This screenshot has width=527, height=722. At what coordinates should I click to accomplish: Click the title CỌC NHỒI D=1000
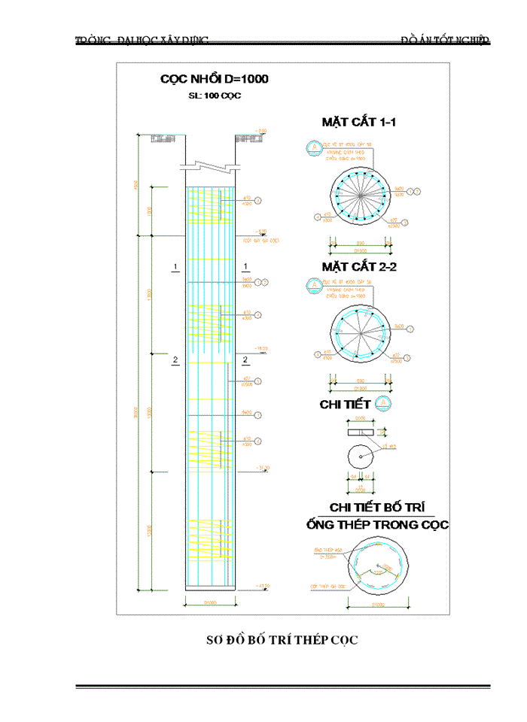click(215, 79)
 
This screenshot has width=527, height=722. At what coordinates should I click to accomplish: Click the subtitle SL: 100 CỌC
click(215, 96)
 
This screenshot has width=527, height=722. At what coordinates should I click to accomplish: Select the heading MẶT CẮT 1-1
click(359, 121)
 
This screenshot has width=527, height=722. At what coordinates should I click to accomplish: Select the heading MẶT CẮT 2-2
click(359, 266)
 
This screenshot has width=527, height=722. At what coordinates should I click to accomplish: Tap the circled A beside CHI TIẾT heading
click(382, 404)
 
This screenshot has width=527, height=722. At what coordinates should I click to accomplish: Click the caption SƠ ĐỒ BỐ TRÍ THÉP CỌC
click(282, 640)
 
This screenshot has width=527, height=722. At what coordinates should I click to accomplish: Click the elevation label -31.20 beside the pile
click(263, 469)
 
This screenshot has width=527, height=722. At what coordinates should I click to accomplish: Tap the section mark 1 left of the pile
click(175, 267)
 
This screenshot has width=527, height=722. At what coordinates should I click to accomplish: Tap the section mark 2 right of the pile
click(245, 360)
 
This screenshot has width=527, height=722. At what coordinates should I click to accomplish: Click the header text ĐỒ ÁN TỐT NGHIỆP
click(445, 39)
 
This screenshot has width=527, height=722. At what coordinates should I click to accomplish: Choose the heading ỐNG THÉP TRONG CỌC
click(377, 524)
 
